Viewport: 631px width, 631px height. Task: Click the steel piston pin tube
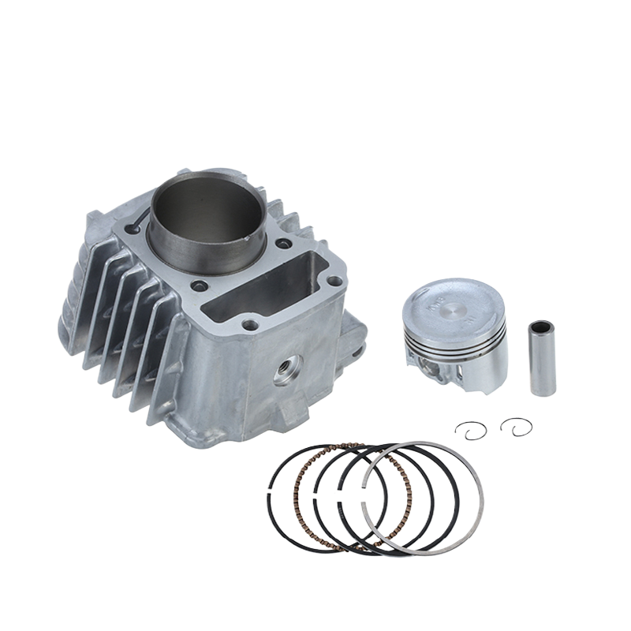[542, 359]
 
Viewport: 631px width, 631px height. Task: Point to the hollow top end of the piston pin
[541, 325]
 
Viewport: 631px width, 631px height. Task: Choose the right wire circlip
[516, 426]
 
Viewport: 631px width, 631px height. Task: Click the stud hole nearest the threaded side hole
[251, 323]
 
